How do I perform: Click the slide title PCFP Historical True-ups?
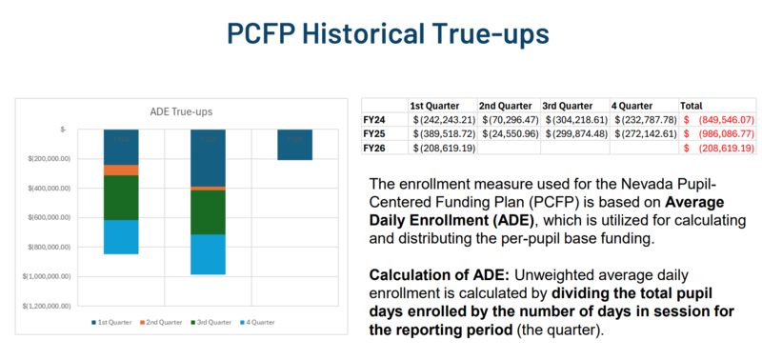pos(381,32)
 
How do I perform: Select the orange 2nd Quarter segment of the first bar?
pos(121,170)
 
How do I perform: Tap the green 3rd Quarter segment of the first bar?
pos(121,197)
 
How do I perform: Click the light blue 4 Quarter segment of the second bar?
pos(207,253)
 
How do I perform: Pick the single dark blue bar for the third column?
pos(294,145)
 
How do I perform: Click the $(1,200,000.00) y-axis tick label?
pos(56,307)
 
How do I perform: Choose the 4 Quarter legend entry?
pos(255,323)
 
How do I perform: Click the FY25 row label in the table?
pos(375,134)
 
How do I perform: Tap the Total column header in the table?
pos(692,105)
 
